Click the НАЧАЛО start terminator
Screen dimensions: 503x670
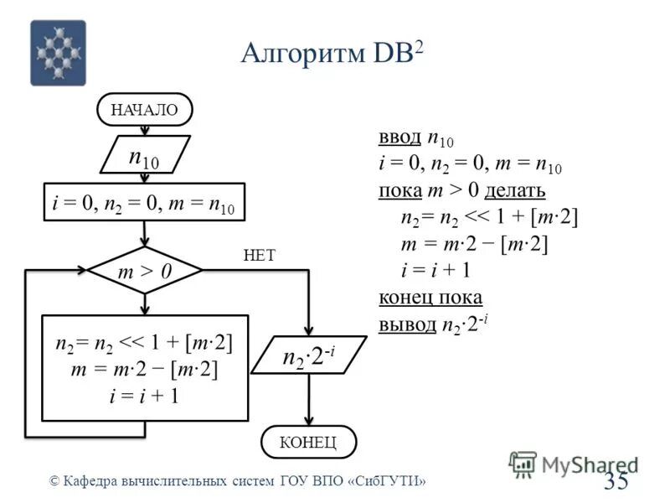point(145,109)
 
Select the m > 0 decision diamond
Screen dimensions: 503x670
point(145,271)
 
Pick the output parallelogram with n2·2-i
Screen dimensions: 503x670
point(308,359)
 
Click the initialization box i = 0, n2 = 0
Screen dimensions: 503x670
point(144,202)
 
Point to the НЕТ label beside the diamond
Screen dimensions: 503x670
point(259,255)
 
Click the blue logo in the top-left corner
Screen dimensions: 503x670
point(58,53)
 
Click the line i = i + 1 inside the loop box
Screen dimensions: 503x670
point(144,397)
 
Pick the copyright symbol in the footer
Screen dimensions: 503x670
point(54,481)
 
